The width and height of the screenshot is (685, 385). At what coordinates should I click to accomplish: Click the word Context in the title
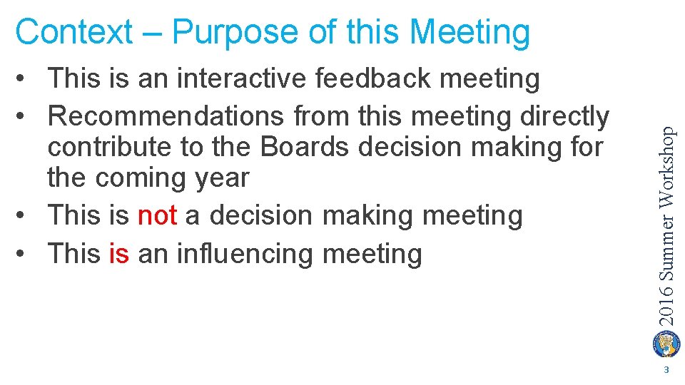click(x=73, y=32)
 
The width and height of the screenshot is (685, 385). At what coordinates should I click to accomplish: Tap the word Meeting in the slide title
click(x=470, y=32)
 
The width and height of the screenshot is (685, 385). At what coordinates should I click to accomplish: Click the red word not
click(x=157, y=215)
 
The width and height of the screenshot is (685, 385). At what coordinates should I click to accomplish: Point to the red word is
click(x=119, y=253)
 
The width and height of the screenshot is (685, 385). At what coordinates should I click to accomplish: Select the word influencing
click(x=251, y=253)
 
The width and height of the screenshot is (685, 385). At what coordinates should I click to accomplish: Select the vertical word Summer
click(x=666, y=245)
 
